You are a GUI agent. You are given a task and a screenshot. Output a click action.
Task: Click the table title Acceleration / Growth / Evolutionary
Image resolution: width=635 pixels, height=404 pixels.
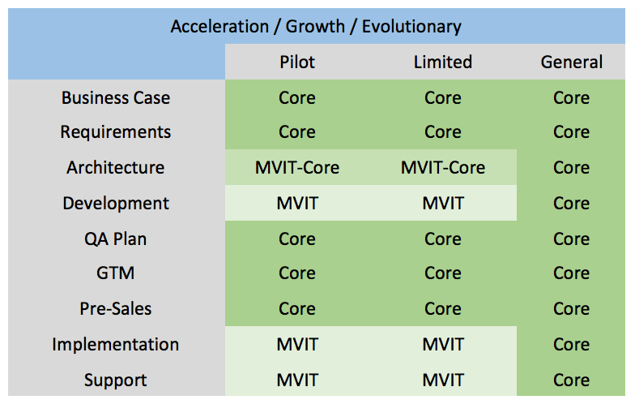pyautogui.click(x=316, y=26)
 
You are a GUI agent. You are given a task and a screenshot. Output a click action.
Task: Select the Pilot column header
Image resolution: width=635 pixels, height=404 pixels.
pyautogui.click(x=296, y=62)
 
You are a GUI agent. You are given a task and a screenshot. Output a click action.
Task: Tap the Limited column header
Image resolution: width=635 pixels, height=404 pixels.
pyautogui.click(x=442, y=62)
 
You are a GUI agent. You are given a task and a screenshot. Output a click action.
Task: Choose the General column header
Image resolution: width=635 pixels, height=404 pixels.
pyautogui.click(x=572, y=62)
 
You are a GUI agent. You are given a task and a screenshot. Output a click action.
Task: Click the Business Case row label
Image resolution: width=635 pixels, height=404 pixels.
pyautogui.click(x=116, y=97)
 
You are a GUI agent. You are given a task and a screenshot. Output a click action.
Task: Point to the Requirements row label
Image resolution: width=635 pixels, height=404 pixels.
pyautogui.click(x=116, y=131)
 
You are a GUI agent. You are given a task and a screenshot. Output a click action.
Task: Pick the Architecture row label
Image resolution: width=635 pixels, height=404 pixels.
pyautogui.click(x=116, y=167)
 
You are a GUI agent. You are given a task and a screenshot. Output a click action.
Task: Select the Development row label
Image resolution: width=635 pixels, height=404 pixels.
pyautogui.click(x=116, y=203)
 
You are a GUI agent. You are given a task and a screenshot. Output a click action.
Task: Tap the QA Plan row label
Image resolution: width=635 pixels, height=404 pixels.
pyautogui.click(x=116, y=239)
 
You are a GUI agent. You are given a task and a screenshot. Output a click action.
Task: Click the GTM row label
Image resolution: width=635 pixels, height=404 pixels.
pyautogui.click(x=116, y=273)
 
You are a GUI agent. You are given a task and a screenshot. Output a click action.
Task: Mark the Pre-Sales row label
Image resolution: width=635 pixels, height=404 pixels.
pyautogui.click(x=116, y=308)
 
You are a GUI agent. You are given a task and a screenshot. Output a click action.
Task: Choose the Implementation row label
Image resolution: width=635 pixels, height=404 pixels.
pyautogui.click(x=116, y=344)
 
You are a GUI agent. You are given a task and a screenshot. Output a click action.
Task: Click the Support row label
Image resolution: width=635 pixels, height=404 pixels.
pyautogui.click(x=116, y=380)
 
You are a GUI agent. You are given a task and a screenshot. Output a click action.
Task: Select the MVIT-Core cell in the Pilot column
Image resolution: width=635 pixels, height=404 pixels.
pyautogui.click(x=296, y=167)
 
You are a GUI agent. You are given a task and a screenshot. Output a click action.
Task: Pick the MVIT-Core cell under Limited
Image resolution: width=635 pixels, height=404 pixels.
pyautogui.click(x=442, y=167)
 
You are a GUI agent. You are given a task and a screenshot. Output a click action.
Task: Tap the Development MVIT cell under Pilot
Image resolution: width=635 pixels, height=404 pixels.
pyautogui.click(x=296, y=203)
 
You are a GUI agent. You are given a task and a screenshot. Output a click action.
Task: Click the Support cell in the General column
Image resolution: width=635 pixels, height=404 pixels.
pyautogui.click(x=572, y=380)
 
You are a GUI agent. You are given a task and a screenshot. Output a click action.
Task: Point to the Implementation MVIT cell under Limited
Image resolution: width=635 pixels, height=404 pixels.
pyautogui.click(x=442, y=344)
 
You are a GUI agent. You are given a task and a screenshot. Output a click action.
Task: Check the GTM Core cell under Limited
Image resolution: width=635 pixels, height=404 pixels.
pyautogui.click(x=442, y=273)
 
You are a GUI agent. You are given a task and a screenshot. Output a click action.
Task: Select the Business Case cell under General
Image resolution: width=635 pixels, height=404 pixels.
pyautogui.click(x=572, y=97)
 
